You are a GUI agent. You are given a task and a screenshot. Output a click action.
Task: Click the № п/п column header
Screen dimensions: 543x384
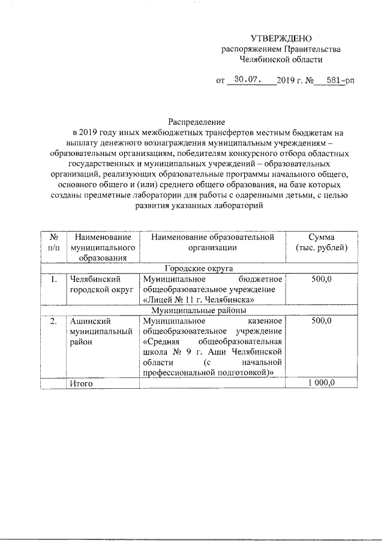click(53, 242)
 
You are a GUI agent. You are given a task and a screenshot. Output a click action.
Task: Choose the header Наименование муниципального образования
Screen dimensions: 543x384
click(102, 248)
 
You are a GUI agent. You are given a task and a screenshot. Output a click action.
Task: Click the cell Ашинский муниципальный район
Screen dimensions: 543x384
click(99, 332)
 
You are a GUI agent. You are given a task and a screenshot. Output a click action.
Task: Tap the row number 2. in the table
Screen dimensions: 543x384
click(53, 322)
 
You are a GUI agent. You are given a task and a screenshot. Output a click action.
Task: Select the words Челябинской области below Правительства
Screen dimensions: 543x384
click(280, 59)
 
